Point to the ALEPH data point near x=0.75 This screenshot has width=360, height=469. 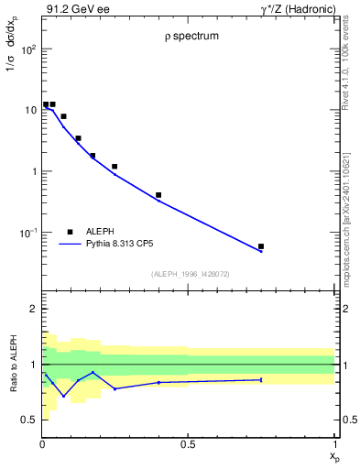[261, 246]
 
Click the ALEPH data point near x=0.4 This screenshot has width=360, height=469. [158, 195]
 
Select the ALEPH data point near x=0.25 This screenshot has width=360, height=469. [115, 167]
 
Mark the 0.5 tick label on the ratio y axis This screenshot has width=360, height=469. [28, 420]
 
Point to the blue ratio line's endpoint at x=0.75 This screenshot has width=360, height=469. [261, 379]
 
